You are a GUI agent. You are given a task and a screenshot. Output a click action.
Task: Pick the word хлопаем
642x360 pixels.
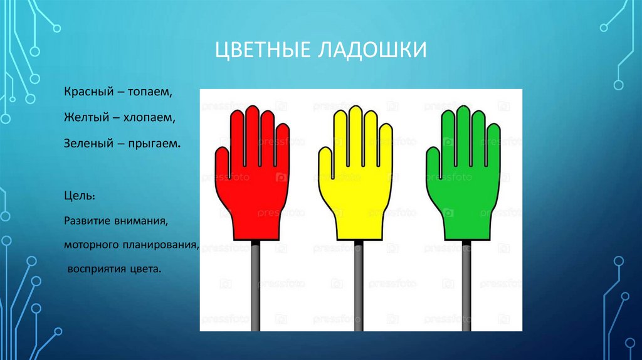pyautogui.click(x=151, y=118)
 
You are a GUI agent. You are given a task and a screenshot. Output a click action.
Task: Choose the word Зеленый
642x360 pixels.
pyautogui.click(x=86, y=144)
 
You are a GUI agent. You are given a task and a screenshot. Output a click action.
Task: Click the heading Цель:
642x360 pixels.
pyautogui.click(x=80, y=196)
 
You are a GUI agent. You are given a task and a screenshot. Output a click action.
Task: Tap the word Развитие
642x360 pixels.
pyautogui.click(x=87, y=221)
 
